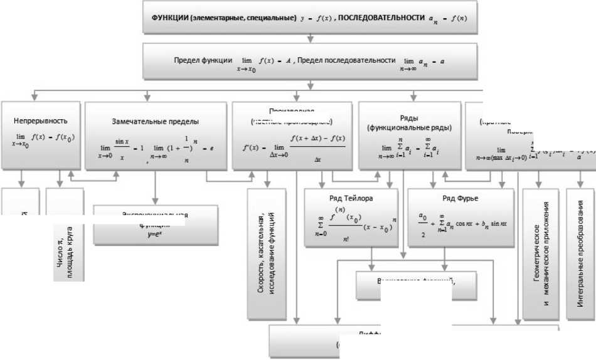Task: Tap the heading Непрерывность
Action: click(x=40, y=120)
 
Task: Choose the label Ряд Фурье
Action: click(x=460, y=198)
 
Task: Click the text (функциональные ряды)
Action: click(x=410, y=127)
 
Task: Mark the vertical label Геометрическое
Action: click(x=536, y=251)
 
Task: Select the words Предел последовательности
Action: click(x=346, y=61)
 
